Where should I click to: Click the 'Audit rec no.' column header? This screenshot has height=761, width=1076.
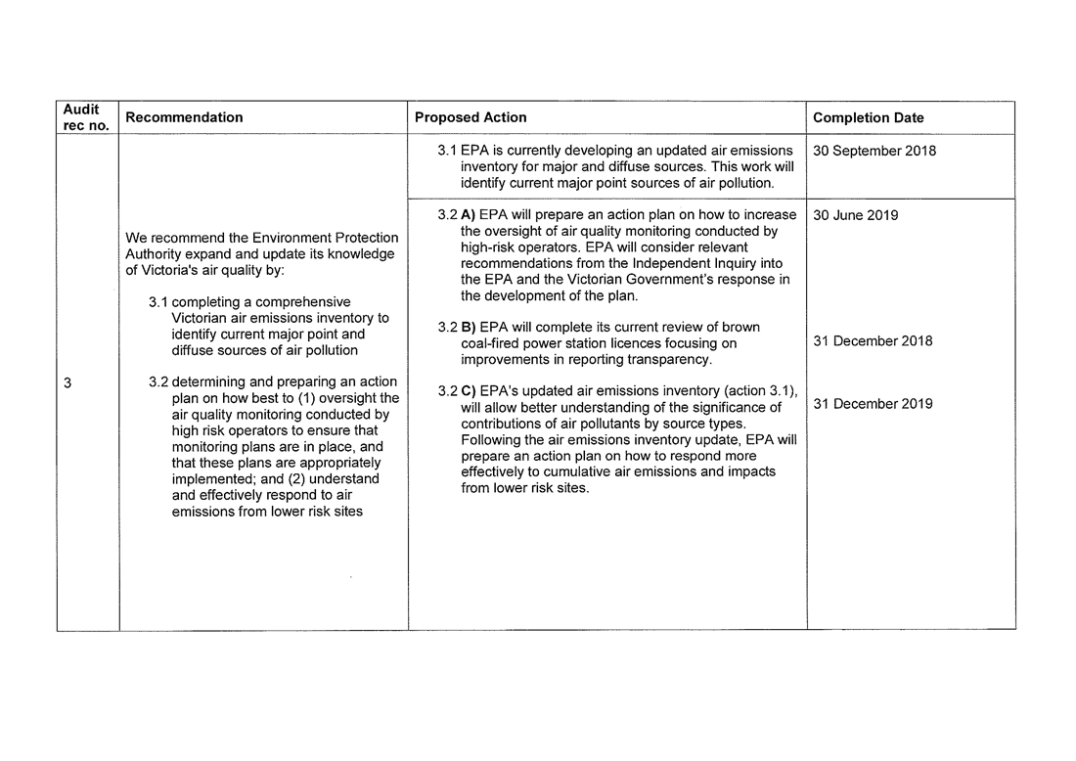87,117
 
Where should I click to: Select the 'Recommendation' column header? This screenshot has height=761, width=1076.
184,117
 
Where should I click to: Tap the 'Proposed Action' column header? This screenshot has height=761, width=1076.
471,117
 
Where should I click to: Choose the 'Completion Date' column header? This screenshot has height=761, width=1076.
868,118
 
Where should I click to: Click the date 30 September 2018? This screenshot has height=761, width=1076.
874,151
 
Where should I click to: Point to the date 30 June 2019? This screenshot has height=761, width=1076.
855,215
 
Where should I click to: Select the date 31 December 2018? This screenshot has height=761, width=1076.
873,341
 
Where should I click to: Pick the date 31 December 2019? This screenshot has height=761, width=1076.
873,404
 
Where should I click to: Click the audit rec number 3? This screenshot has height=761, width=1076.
67,383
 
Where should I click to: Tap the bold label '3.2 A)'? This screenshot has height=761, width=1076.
457,215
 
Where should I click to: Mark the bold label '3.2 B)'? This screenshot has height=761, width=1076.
457,328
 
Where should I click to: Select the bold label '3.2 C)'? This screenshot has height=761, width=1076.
457,391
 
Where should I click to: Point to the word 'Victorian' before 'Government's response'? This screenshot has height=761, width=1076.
578,280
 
